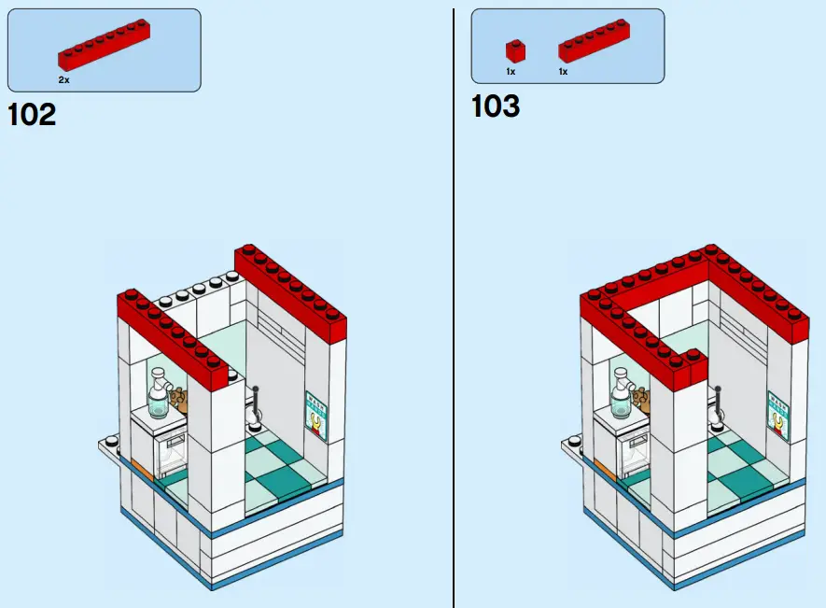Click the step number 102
click(x=32, y=115)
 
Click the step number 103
click(x=495, y=106)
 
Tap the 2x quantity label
click(x=63, y=80)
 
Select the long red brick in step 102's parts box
click(x=104, y=46)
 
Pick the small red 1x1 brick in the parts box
click(x=514, y=50)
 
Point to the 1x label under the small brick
click(x=511, y=71)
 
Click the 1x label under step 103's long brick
click(x=563, y=71)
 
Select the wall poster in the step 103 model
click(x=778, y=415)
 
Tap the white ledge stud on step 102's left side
click(x=110, y=442)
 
